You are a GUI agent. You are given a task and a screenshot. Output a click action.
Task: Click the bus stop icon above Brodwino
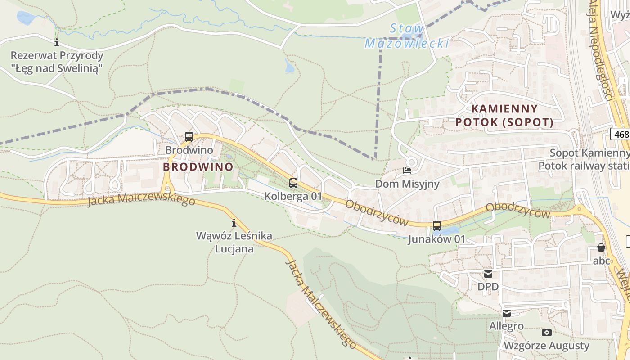tap(189, 137)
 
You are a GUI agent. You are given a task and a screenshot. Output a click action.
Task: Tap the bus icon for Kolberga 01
tap(293, 183)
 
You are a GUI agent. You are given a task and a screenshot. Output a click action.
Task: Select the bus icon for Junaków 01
tap(437, 226)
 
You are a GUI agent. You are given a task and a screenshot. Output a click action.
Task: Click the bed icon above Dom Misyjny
tap(407, 171)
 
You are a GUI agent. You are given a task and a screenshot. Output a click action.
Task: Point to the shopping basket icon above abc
tap(601, 247)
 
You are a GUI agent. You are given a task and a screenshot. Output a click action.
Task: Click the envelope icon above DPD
tap(488, 274)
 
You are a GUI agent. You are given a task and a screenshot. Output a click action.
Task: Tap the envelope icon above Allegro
tap(507, 313)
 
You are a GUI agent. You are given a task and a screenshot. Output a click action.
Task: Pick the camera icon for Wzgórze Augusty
tap(547, 332)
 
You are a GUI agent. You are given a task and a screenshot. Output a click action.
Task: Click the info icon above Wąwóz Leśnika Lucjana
tap(234, 223)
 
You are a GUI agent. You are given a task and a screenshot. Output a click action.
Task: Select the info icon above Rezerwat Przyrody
tap(57, 43)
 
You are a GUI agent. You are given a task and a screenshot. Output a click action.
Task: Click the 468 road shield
tap(621, 134)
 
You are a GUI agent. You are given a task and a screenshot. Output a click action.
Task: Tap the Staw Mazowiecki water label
tap(406, 36)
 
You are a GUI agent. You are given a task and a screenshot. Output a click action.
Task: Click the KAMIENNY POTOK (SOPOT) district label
tap(504, 115)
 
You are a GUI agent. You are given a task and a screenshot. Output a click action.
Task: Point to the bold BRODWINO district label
tap(198, 167)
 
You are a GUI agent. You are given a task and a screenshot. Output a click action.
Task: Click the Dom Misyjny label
tap(407, 184)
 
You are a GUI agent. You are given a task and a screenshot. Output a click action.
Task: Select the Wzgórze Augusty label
tap(546, 346)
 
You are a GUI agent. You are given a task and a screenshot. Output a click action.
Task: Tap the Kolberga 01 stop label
tap(293, 196)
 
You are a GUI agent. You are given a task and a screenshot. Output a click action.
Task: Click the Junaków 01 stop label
tap(436, 239)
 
